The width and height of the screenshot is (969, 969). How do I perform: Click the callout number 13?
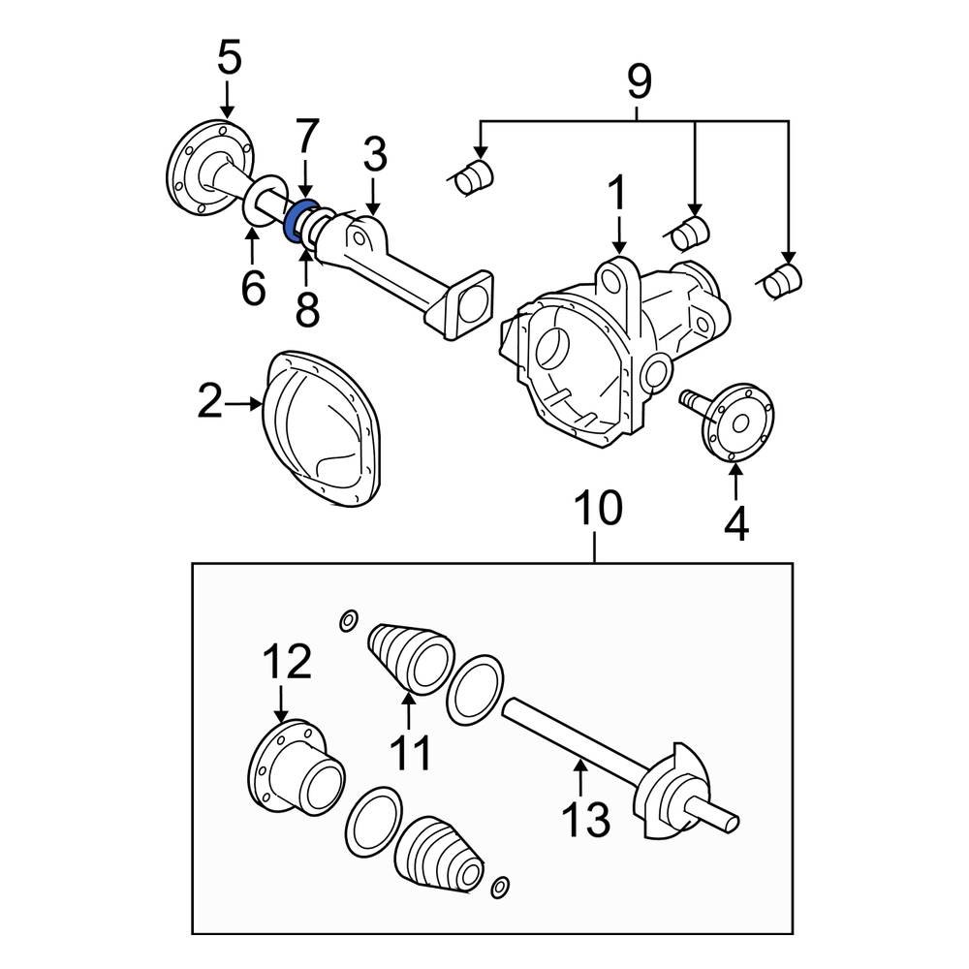click(x=587, y=819)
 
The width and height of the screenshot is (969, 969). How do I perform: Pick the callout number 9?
click(x=639, y=81)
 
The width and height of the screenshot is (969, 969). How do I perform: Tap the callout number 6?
click(x=252, y=288)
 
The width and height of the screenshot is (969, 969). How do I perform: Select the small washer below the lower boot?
click(x=500, y=887)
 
